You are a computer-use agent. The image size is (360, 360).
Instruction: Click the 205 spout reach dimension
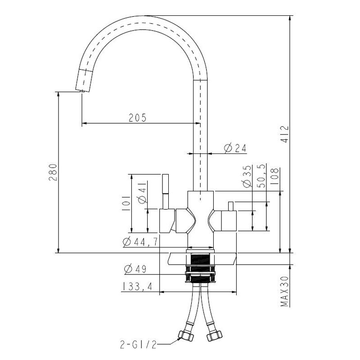pos(138,118)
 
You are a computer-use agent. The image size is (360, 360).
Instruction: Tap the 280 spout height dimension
pos(53,172)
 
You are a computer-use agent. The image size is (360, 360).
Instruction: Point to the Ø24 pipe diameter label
pos(234,148)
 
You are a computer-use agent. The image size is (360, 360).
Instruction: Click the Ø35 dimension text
pos(247,176)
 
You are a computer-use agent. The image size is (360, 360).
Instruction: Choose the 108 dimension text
pos(275,176)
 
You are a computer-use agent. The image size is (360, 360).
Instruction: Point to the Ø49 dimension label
pos(135,269)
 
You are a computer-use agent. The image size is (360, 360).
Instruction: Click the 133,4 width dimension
pos(137,286)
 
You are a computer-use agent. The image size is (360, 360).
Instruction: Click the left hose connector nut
pos(185,336)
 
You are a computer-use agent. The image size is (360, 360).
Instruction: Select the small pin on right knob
pos(230,206)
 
